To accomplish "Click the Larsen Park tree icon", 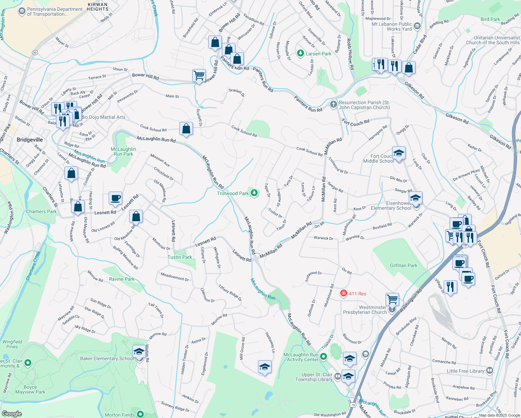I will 301,53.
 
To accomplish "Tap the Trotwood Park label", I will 233,193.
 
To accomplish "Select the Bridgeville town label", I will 30,140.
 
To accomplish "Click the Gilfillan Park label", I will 403,265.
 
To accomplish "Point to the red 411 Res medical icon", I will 344,294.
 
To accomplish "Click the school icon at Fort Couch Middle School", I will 399,153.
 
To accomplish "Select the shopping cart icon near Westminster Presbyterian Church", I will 392,299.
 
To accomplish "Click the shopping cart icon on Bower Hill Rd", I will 199,75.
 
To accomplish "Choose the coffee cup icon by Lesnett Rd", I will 115,198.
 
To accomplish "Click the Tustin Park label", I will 180,257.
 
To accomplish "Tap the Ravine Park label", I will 122,279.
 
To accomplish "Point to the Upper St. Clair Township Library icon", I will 337,376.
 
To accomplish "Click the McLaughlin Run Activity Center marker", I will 324,356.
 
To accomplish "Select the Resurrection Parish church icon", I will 333,104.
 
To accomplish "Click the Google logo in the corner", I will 11,413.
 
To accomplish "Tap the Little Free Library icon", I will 490,370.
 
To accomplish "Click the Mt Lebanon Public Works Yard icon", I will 417,26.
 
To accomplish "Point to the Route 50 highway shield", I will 35,53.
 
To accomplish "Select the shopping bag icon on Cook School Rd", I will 186,129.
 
